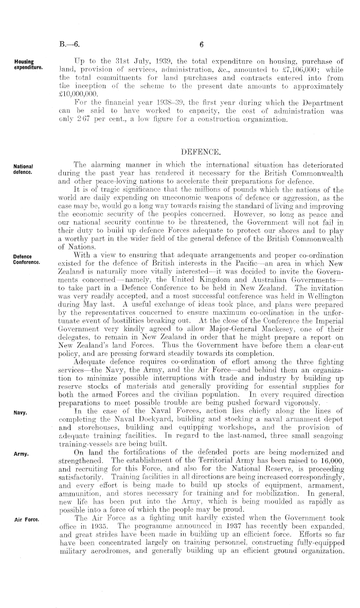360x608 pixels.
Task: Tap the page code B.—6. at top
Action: (69, 44)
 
